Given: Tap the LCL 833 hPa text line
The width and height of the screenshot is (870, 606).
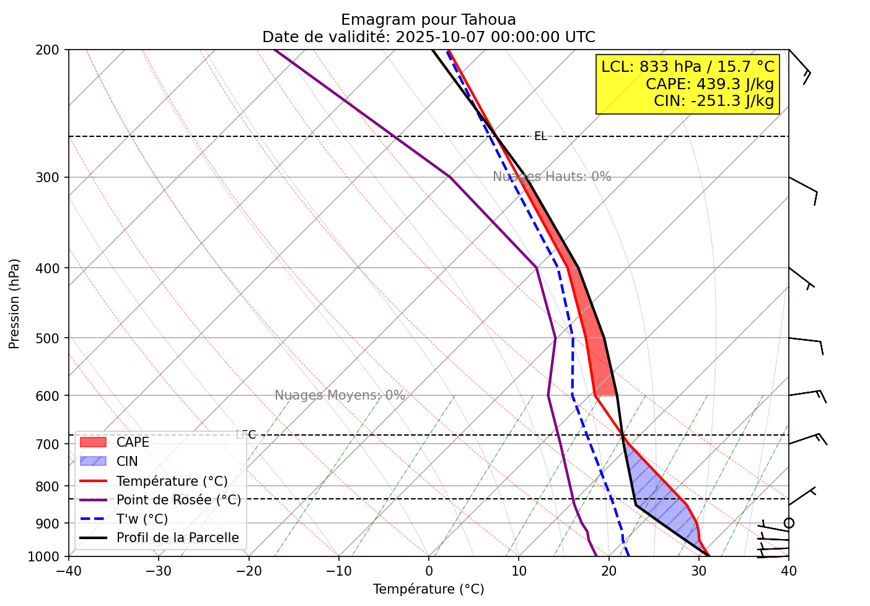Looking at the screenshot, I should tap(688, 67).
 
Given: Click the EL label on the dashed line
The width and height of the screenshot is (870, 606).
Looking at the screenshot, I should tap(540, 136).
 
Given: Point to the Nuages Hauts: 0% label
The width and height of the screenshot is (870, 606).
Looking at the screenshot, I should tap(551, 177).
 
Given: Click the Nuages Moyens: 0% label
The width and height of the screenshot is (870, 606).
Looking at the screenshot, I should tap(340, 395).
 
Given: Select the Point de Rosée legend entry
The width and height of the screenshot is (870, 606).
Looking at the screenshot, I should tap(178, 500).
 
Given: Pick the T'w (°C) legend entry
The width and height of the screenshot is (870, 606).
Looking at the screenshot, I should tap(142, 519).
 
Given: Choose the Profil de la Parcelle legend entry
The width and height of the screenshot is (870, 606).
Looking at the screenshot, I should tap(177, 538).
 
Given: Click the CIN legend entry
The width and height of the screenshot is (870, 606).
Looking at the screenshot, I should tap(127, 462).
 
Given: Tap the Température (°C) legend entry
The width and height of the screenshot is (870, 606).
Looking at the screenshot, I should tap(172, 481).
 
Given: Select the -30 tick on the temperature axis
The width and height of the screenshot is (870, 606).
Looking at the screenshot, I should tap(158, 571).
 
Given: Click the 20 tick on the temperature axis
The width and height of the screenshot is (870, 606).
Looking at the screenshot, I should tap(609, 571).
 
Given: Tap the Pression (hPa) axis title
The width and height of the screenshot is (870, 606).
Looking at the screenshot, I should tap(15, 304).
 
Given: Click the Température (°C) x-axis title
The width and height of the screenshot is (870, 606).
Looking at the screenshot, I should tap(428, 589).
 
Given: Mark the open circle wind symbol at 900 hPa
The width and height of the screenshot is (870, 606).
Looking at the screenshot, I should tap(789, 523).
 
